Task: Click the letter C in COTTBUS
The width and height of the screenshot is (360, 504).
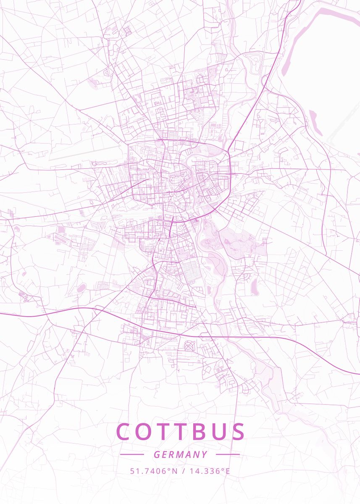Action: click(x=124, y=432)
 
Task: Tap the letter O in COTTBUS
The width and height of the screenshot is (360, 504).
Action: click(x=145, y=432)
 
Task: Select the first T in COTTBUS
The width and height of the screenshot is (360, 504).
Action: click(x=165, y=432)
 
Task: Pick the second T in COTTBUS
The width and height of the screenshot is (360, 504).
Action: click(x=183, y=432)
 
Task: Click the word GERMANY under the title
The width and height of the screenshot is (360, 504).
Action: click(x=180, y=454)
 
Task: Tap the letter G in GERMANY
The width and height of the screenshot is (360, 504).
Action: click(x=156, y=454)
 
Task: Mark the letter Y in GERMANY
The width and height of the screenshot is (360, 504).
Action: click(x=205, y=454)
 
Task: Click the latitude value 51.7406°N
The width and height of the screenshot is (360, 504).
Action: click(x=154, y=471)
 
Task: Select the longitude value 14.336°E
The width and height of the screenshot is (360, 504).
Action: click(x=210, y=471)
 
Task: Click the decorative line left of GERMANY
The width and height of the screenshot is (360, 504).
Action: click(x=132, y=454)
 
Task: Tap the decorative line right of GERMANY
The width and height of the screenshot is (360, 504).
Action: click(x=228, y=454)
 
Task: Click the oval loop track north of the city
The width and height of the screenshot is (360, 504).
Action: click(x=254, y=63)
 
